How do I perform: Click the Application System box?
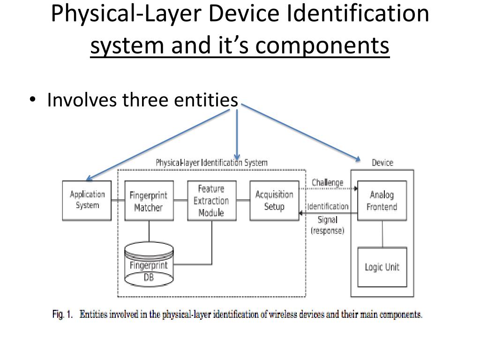pos(87,201)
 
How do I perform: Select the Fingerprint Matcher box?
pos(148,201)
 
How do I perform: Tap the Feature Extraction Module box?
pos(211,201)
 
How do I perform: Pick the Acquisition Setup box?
pos(274,201)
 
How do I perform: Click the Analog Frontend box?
pos(382,201)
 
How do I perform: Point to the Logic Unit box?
pos(382,267)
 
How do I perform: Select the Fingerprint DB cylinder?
pos(148,266)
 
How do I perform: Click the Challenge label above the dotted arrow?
pos(327,182)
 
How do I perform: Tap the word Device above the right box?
pos(382,163)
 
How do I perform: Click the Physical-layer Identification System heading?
pos(211,163)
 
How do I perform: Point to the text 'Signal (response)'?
pos(327,225)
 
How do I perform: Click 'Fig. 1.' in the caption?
pos(62,315)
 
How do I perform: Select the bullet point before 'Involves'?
pos(32,100)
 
